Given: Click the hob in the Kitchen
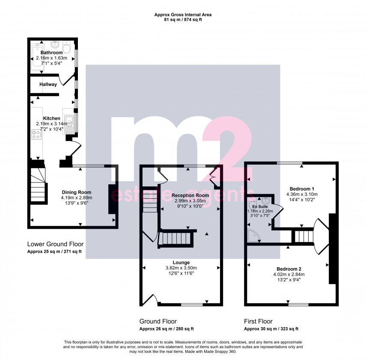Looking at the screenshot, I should coord(36,135).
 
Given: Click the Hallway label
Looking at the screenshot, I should coord(48,85).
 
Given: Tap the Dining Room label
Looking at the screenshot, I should coord(77,192).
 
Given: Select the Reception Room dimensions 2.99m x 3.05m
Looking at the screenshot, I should coord(190,201).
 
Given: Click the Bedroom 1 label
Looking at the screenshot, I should coord(302,189).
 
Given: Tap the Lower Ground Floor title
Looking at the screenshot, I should coord(55,244).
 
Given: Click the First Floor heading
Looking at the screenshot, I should coord(258,322).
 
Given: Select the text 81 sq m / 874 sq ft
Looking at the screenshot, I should coord(183,20).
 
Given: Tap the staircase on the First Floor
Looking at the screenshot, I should coord(303,236).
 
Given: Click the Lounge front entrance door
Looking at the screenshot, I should coord(152,299).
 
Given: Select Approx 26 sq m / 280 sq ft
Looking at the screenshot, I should coord(167,329).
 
